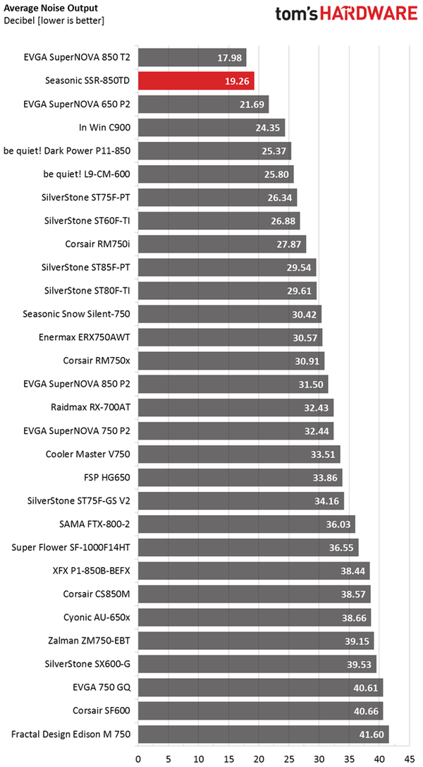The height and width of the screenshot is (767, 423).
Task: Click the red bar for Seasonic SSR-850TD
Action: [x=195, y=81]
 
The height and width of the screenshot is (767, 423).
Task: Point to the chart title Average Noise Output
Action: [x=51, y=8]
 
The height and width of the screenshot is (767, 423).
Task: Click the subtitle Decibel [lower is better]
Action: [x=54, y=20]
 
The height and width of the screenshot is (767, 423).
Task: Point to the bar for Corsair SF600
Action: [x=260, y=711]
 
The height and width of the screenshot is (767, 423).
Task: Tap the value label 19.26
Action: [x=236, y=81]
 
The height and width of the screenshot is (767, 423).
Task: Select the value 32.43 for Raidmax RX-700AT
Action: [x=315, y=407]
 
